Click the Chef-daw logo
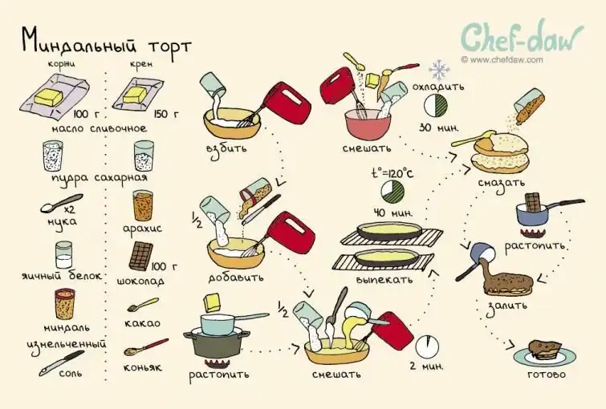coord(522,37)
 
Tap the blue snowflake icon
coord(439,71)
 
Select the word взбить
coord(226,148)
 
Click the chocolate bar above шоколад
coord(140,256)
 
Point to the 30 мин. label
coord(439,127)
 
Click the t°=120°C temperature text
coord(392,172)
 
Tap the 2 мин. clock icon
coord(427,346)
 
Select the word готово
coord(546,375)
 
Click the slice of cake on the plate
coord(545,350)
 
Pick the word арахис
coord(142,229)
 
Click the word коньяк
coord(142,367)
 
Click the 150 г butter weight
coord(167,114)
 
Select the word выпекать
coord(384,279)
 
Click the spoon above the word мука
coord(62,203)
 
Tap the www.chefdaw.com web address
coord(502,60)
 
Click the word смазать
coord(502,182)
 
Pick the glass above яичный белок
coord(63,255)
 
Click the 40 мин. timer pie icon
coord(392,192)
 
